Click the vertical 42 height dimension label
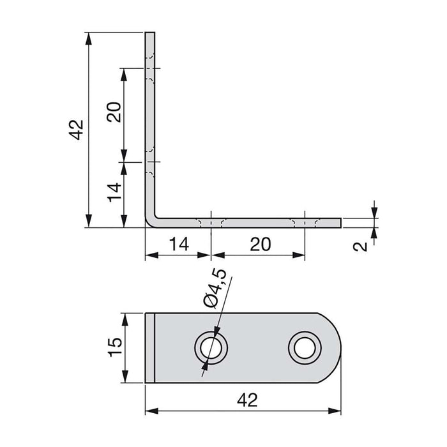pyautogui.click(x=76, y=130)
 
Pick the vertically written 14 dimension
pyautogui.click(x=114, y=192)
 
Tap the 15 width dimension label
pyautogui.click(x=114, y=347)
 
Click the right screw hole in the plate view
pyautogui.click(x=303, y=347)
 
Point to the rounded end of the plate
pyautogui.click(x=335, y=347)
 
